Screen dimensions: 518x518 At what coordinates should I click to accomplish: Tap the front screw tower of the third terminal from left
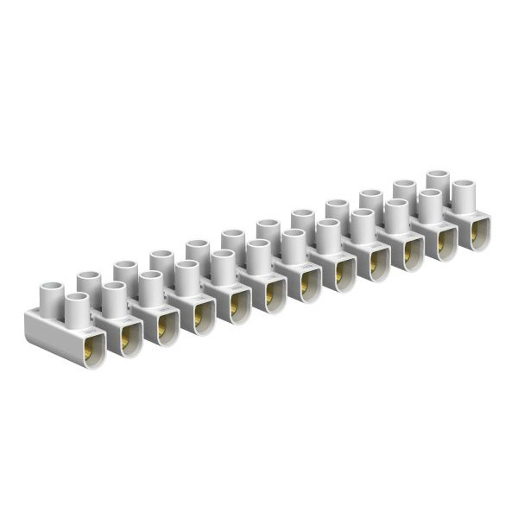(150, 287)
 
